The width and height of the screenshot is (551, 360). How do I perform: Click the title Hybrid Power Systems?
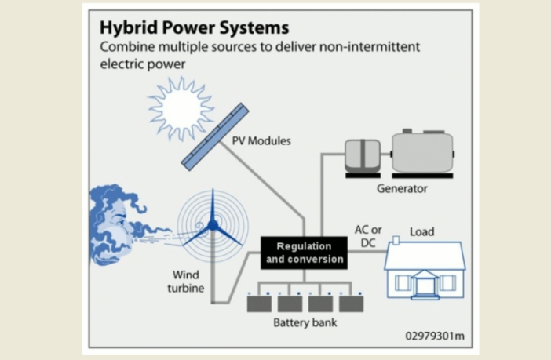click(193, 27)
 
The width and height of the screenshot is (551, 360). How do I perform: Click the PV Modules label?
click(261, 142)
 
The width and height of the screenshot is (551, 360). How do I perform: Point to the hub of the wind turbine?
click(213, 226)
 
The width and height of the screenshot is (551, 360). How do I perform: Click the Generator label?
click(401, 189)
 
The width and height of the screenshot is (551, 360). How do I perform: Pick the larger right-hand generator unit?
click(422, 152)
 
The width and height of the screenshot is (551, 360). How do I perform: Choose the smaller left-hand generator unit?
click(363, 155)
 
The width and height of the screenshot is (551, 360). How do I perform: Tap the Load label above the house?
click(421, 232)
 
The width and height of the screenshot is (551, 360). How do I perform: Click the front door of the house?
click(425, 284)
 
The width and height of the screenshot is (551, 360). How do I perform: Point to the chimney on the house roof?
click(396, 239)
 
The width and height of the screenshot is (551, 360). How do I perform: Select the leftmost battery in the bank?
click(259, 304)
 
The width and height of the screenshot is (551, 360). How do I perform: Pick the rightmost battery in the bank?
click(351, 304)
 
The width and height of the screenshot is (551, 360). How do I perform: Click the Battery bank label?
click(305, 322)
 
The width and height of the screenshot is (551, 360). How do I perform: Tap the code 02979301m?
click(434, 337)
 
